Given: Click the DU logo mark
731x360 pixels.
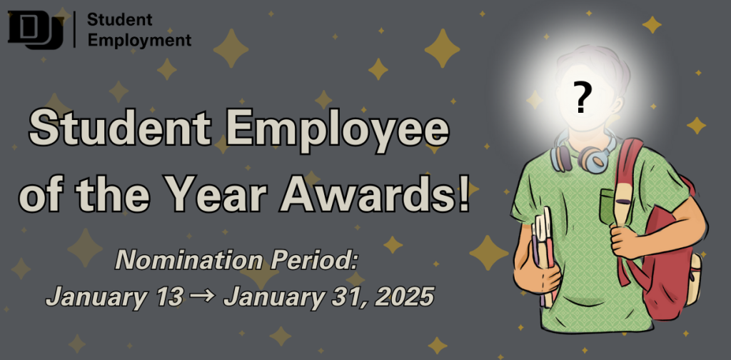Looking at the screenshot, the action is [36, 31].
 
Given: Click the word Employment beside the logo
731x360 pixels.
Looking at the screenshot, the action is [139, 40].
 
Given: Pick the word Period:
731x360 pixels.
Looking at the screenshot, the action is [313, 260].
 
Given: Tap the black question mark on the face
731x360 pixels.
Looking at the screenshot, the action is [580, 97].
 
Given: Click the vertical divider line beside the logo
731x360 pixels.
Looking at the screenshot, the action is [74, 29].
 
